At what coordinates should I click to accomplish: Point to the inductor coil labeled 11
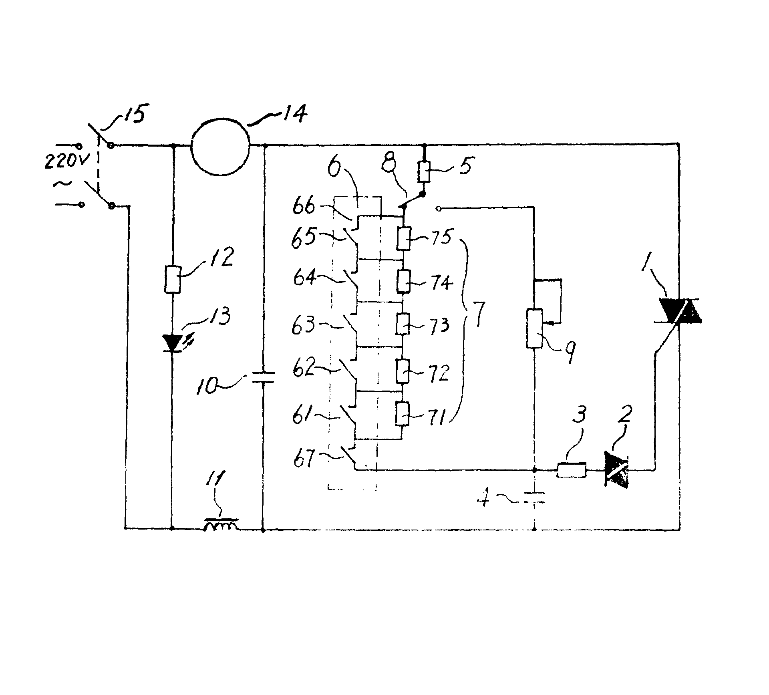(x=221, y=525)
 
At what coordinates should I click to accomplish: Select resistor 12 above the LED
(x=173, y=279)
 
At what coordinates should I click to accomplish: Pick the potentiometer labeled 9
(x=534, y=328)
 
